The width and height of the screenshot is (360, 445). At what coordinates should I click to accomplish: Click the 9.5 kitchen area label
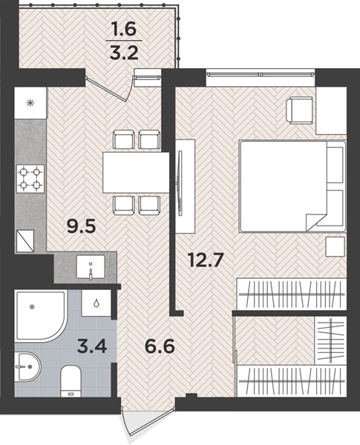pos(81,226)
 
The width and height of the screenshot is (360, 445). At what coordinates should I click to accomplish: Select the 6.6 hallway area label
pos(160,346)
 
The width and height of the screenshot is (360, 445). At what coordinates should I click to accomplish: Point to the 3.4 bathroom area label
pos(92,346)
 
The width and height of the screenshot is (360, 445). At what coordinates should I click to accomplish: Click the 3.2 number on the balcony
pos(124,53)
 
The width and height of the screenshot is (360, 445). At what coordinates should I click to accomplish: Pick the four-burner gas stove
pos(30,179)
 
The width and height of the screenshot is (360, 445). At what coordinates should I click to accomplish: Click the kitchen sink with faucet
pos(91,267)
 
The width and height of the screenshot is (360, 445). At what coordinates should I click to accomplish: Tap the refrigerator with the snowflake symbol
pos(30,103)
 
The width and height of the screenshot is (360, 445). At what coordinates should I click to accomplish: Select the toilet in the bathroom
pos(71,381)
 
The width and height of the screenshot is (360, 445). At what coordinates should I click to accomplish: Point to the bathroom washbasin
pos(27,366)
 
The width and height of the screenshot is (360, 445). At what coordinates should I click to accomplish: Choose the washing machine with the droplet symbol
pos(96,303)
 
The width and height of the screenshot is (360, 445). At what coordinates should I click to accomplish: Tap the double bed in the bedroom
pos(292,186)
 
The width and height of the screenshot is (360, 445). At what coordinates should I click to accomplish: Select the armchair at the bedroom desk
pos(300,110)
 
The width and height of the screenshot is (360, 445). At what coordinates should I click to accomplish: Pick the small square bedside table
pos(336,247)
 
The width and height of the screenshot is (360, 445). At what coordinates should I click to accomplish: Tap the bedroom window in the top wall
pos(261,74)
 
